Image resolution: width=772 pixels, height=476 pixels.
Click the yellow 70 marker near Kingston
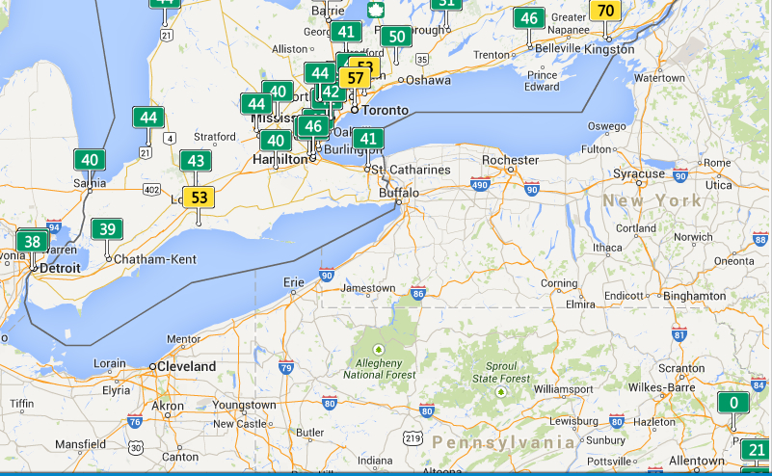(606, 12)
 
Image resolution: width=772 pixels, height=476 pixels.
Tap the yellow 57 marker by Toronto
(356, 77)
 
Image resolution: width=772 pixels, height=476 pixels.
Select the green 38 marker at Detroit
(33, 242)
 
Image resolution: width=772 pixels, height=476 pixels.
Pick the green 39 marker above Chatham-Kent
(107, 229)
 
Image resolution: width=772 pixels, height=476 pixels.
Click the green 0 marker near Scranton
(733, 404)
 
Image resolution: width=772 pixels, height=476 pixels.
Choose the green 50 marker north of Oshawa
(395, 38)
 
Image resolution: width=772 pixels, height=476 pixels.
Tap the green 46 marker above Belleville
(528, 18)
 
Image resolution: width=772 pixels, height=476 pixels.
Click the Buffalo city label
(399, 193)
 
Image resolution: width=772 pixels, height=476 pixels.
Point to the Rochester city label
(510, 160)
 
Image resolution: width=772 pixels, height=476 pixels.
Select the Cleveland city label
(188, 367)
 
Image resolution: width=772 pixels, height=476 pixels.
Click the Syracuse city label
(639, 174)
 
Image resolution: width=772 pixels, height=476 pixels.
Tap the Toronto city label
(385, 110)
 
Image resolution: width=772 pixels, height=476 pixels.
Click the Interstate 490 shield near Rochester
(480, 184)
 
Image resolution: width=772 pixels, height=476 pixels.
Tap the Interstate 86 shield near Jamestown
(417, 293)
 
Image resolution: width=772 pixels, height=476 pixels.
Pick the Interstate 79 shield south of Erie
(286, 367)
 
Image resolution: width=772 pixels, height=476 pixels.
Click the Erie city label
(293, 281)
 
